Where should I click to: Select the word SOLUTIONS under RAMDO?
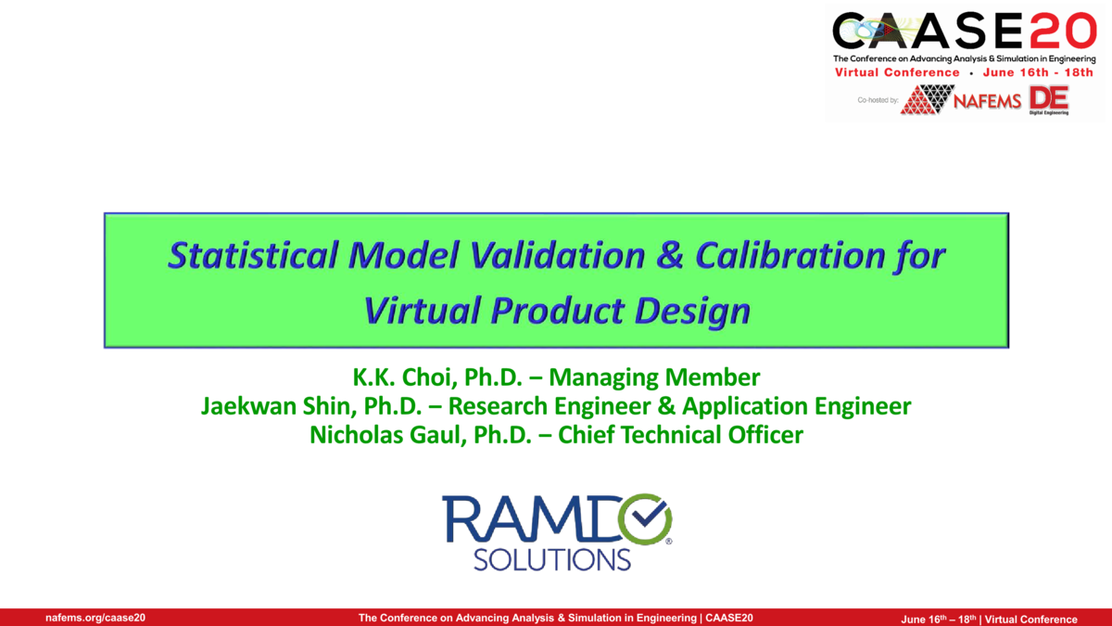pos(551,559)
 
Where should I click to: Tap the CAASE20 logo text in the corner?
pos(964,33)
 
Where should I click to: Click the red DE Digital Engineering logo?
pos(1048,99)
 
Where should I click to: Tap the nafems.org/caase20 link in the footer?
pos(95,618)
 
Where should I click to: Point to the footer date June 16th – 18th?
pos(939,619)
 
